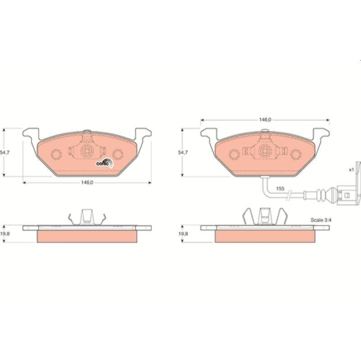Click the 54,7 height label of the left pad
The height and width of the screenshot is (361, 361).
pos(5,153)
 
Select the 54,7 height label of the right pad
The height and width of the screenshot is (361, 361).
pos(184,153)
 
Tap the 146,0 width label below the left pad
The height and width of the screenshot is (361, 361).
pos(87,183)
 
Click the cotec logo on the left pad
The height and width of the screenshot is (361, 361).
pos(104,162)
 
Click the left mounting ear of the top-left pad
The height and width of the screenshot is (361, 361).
pos(30,136)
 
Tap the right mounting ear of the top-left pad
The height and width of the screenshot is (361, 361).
pos(142,136)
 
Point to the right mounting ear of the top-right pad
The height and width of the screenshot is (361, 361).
pos(320,136)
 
